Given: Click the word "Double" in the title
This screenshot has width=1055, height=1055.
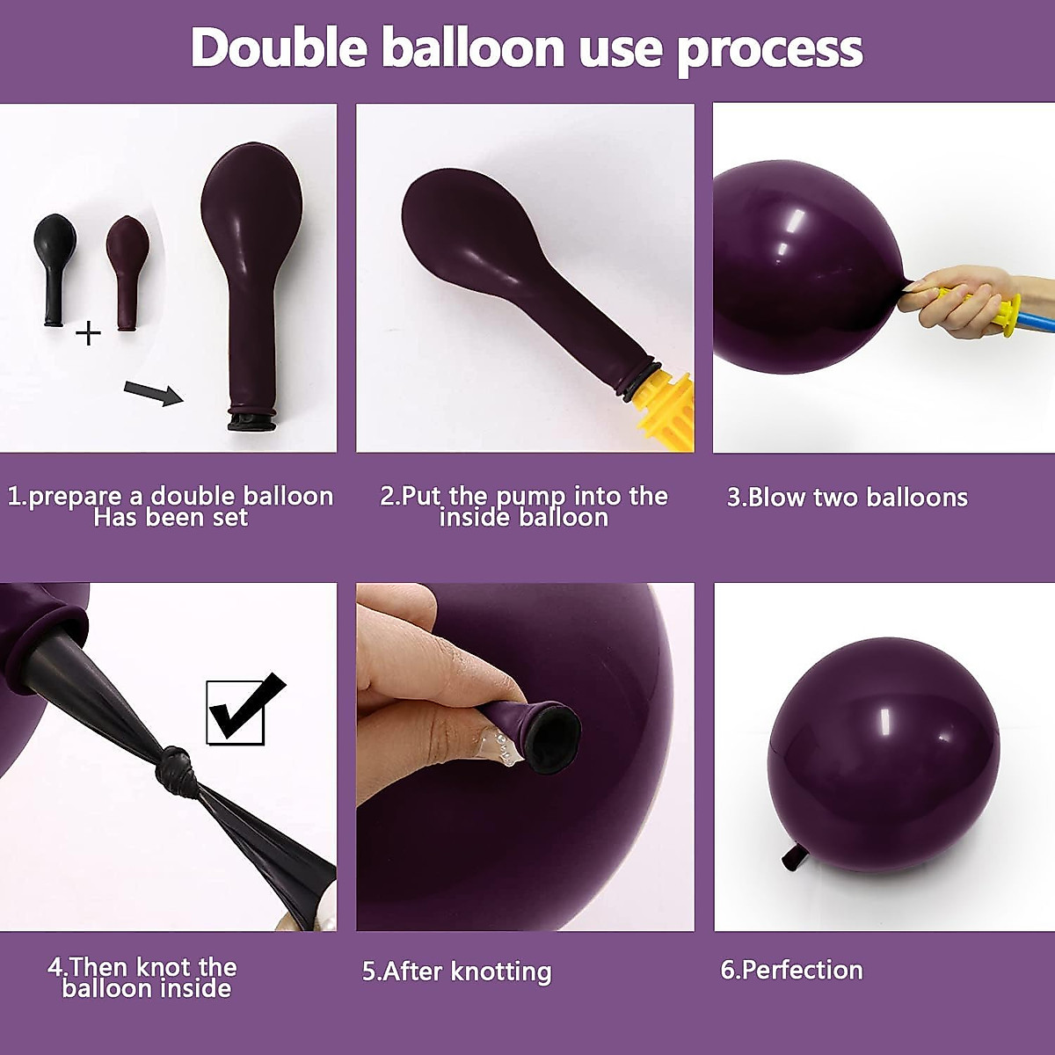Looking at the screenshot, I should [x=278, y=47].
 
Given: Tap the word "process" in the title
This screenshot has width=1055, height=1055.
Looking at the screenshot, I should [x=770, y=49].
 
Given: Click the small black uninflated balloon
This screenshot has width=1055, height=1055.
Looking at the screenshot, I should [x=55, y=264].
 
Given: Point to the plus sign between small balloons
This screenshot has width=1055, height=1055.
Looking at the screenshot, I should [x=88, y=333].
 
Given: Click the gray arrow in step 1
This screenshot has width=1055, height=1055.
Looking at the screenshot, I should [x=153, y=392].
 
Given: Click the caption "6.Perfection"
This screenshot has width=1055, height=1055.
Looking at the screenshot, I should [x=791, y=970].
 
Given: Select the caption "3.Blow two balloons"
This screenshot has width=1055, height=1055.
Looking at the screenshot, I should [x=847, y=498].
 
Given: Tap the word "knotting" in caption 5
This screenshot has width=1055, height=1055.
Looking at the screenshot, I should [x=500, y=971].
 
